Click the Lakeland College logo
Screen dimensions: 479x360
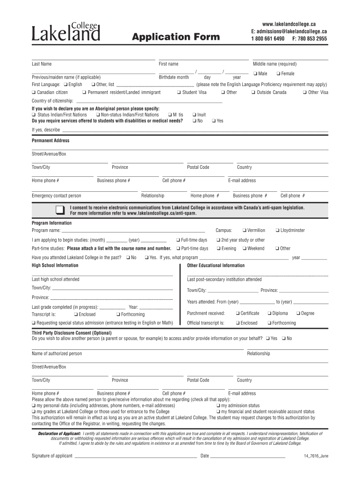[65, 32]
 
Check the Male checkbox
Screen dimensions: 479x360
[255, 73]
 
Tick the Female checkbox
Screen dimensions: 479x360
[278, 73]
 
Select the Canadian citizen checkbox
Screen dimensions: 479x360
[34, 93]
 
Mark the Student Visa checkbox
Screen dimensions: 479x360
[179, 93]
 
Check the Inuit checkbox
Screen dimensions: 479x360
[194, 115]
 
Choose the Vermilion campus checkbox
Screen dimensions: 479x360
[245, 231]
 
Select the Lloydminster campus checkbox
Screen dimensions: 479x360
[277, 231]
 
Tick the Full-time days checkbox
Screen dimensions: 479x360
[178, 240]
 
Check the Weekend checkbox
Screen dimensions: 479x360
[244, 249]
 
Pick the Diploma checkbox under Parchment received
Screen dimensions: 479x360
[269, 313]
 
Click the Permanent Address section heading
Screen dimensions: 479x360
[50, 141]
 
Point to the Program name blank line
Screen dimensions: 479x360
[133, 231]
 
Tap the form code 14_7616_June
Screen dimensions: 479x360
[316, 456]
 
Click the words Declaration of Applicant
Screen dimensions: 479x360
[59, 434]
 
